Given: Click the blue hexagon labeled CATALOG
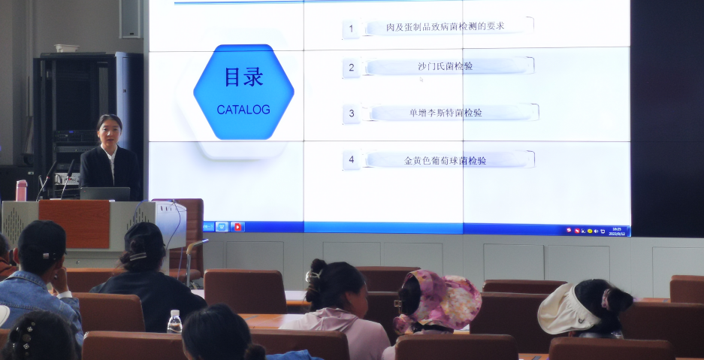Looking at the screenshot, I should pos(243,92).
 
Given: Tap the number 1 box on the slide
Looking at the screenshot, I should pos(351,29).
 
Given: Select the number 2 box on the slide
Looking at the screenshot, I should pos(351,68).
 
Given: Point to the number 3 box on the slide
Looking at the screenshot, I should pos(351,114).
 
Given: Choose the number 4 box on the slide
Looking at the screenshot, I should pos(351,160).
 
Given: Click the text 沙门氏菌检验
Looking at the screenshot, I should pos(446,66).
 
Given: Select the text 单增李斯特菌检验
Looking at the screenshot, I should pos(446,113).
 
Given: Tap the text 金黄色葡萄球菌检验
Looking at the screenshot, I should pos(446,160).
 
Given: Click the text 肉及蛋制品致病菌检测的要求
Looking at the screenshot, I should pos(446,26).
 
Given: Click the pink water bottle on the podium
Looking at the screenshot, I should pos(21,190).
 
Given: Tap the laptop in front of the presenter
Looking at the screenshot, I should pos(105,193).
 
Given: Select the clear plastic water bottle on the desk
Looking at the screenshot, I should pos(174,322).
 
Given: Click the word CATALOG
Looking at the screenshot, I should pos(243,110).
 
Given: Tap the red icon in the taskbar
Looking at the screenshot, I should pos(237,226).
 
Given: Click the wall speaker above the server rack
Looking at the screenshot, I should pos(130,18).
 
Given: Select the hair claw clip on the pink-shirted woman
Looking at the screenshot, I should pos(313,276).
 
